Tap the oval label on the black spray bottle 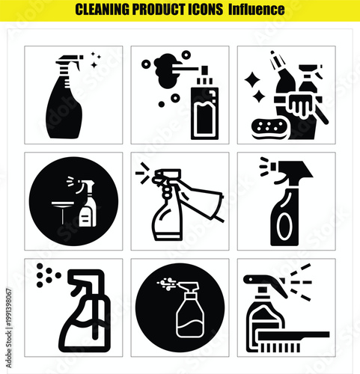285,227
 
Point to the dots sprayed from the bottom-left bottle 46,275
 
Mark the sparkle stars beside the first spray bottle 95,60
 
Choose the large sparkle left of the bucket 253,79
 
